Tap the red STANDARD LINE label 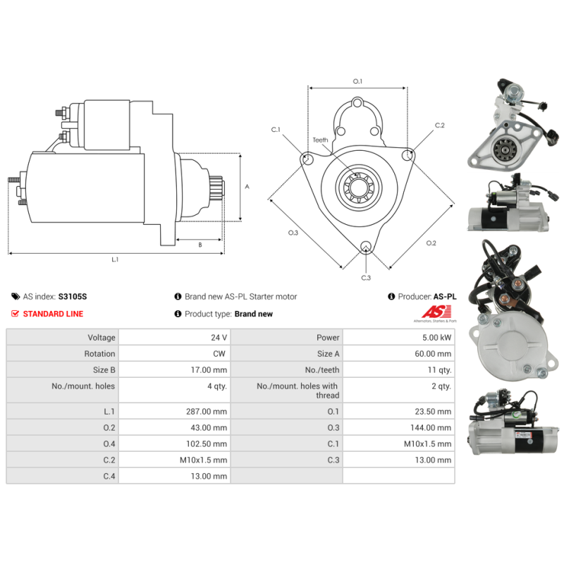point(53,314)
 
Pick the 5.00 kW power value point(438,338)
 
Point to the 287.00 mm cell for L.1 point(208,411)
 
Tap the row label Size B point(104,370)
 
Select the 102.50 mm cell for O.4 point(208,443)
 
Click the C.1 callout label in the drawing point(276,130)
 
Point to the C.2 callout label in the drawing point(439,125)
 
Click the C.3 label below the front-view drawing point(366,278)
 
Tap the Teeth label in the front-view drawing point(321,140)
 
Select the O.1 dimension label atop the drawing point(357,82)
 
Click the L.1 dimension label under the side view point(115,259)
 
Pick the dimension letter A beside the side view point(247,187)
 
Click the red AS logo point(431,312)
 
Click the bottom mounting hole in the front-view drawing point(365,247)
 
